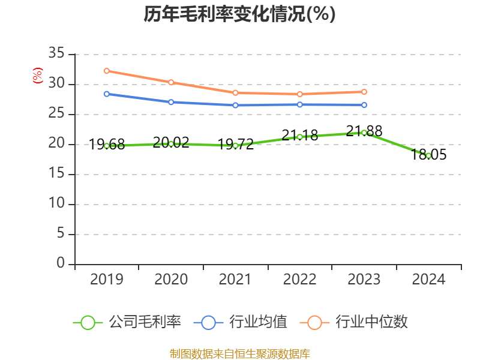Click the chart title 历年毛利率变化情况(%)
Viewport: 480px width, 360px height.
click(239, 14)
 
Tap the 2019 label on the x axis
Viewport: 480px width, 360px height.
click(107, 280)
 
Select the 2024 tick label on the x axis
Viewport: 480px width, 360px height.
click(428, 280)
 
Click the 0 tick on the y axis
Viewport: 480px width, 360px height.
click(60, 263)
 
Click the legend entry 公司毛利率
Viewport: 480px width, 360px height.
click(127, 322)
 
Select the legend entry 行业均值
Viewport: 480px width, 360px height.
click(240, 322)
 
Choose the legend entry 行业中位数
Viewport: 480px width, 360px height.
click(358, 322)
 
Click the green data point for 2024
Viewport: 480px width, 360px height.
click(428, 155)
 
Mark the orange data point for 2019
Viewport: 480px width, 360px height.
click(107, 71)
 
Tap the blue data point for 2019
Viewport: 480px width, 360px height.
click(107, 94)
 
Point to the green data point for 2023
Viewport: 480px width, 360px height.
click(364, 133)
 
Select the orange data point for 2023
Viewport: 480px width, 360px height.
click(364, 92)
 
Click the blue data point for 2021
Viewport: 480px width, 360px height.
click(235, 105)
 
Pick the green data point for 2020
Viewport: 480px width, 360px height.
click(171, 143)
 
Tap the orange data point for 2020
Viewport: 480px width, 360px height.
click(171, 82)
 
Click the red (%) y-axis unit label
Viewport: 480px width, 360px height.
click(38, 76)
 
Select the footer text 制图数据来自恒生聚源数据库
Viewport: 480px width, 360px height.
click(239, 353)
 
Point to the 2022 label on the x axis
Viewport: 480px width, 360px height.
click(299, 280)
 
